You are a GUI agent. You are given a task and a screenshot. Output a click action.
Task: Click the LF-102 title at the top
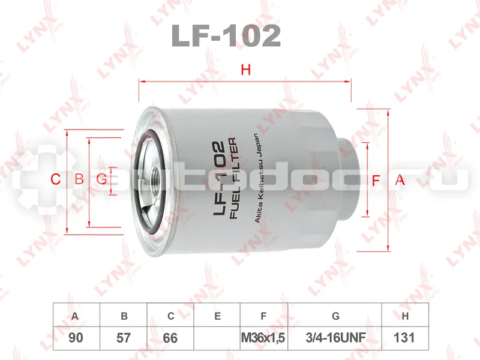tap(226, 36)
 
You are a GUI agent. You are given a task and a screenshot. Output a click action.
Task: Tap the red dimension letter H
tap(246, 70)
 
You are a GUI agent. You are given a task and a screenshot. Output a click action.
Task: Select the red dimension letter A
tap(400, 179)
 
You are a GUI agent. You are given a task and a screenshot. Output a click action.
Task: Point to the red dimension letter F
tap(376, 181)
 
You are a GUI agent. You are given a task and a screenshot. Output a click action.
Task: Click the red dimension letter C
tap(55, 179)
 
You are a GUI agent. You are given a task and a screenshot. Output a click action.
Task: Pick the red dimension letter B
tap(79, 179)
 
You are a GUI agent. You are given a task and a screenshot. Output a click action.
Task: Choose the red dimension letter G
tap(101, 179)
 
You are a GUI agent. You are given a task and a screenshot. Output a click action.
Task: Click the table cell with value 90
tap(76, 338)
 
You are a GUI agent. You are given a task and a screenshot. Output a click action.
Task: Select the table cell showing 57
tap(124, 338)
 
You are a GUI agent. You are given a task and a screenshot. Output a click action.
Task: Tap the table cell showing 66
tap(170, 338)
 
